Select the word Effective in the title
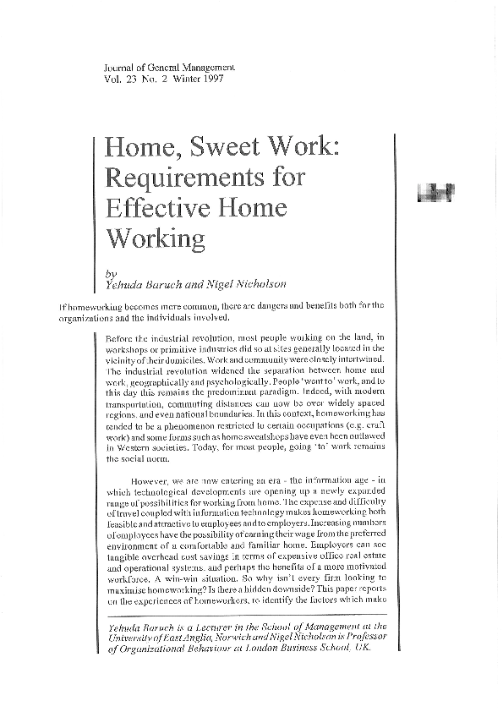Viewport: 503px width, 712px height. point(154,208)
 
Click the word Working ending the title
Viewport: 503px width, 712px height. point(154,238)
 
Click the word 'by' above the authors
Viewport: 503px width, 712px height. point(112,273)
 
